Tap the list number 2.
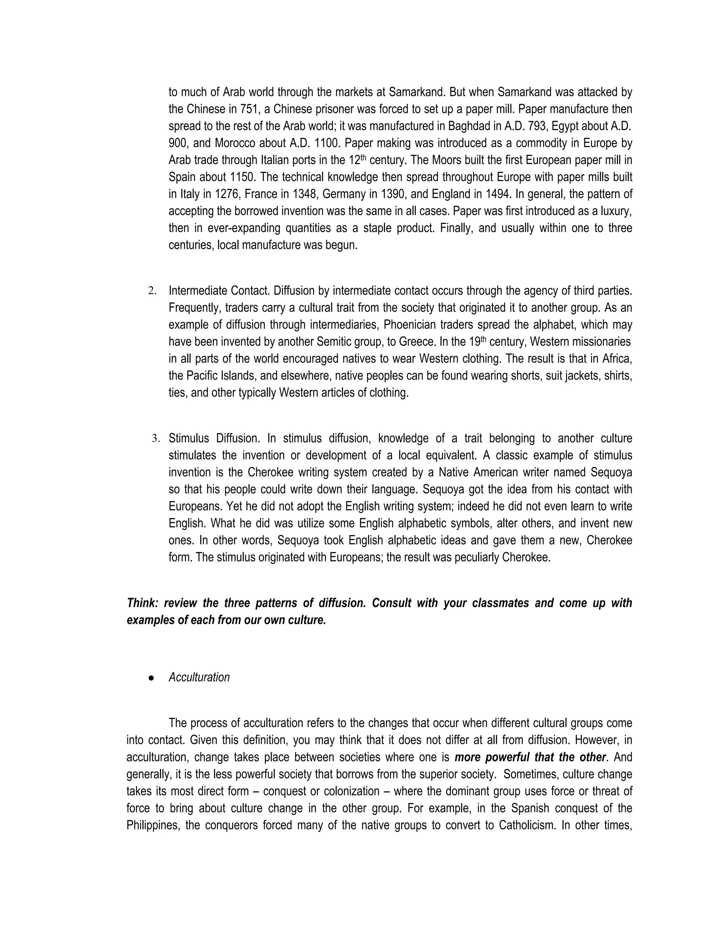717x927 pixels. (152, 291)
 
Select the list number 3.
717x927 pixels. (155, 438)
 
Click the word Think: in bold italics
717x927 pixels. (143, 603)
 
